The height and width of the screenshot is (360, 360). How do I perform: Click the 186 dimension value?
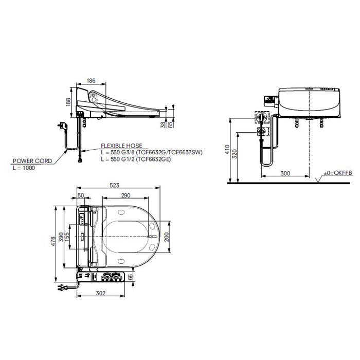(x=91, y=81)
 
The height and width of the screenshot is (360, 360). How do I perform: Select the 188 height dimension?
(x=68, y=102)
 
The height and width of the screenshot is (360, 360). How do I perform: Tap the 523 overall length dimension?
(x=114, y=185)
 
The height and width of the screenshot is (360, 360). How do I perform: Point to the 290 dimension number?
(x=125, y=195)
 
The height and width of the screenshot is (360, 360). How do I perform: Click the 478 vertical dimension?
(x=53, y=241)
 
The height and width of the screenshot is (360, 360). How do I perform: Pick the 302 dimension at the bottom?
(x=101, y=293)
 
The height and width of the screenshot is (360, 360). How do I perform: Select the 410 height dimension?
(x=227, y=149)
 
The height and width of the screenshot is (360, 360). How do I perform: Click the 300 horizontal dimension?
(x=285, y=173)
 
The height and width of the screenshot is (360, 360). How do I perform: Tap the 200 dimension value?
(x=167, y=237)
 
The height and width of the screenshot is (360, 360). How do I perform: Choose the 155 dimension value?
(x=67, y=237)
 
